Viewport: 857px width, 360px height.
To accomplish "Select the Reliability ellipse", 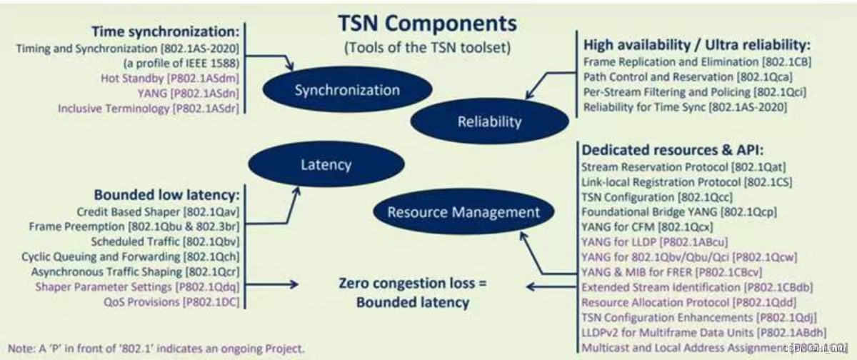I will click(x=489, y=121).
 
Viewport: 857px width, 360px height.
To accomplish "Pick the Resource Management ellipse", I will click(x=463, y=212).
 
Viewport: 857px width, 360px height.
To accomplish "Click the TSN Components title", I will click(x=427, y=23).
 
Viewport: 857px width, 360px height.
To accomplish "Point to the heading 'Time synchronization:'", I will click(x=165, y=32).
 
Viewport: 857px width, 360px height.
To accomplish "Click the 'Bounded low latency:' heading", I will click(x=166, y=195).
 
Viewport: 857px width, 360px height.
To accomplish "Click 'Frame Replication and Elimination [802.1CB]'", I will click(x=697, y=61).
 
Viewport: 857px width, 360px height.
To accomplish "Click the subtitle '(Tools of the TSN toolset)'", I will click(x=427, y=49).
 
